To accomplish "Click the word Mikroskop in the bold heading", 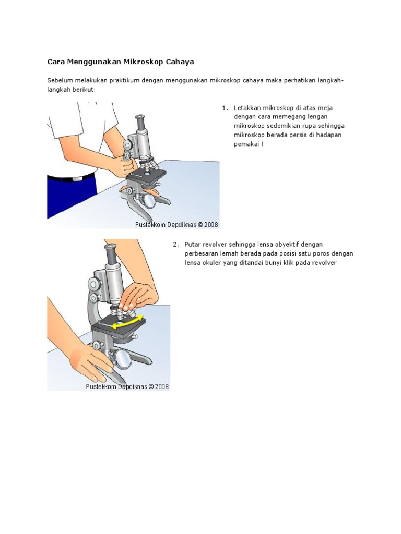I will pyautogui.click(x=143, y=62).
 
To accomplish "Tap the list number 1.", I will pyautogui.click(x=225, y=108).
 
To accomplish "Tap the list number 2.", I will pyautogui.click(x=176, y=244).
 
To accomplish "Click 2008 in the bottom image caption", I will pyautogui.click(x=160, y=387).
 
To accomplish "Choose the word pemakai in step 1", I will pyautogui.click(x=246, y=143).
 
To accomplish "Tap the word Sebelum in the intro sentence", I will pyautogui.click(x=59, y=80).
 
